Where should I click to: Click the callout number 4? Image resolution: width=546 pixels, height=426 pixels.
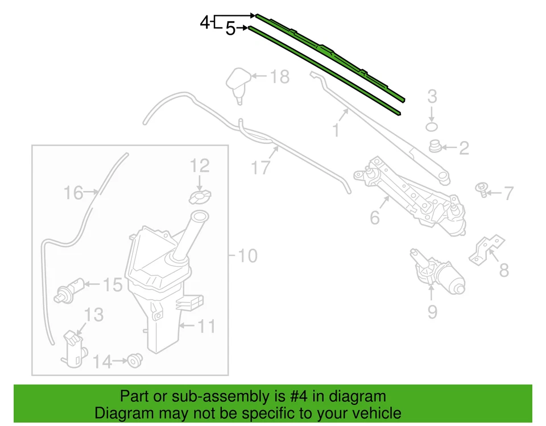[x=205, y=23]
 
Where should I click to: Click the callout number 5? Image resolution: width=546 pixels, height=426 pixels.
[x=230, y=28]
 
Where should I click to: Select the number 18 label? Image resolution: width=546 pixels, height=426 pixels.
[x=279, y=77]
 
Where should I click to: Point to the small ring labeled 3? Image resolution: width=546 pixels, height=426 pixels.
[x=432, y=125]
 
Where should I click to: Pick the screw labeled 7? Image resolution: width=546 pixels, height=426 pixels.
[x=482, y=190]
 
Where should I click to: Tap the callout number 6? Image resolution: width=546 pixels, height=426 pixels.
[x=374, y=217]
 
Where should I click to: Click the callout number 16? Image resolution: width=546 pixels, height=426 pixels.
[x=73, y=193]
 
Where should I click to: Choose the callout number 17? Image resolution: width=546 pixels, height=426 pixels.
[x=260, y=168]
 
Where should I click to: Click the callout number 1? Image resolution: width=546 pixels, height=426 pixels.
[x=336, y=130]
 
